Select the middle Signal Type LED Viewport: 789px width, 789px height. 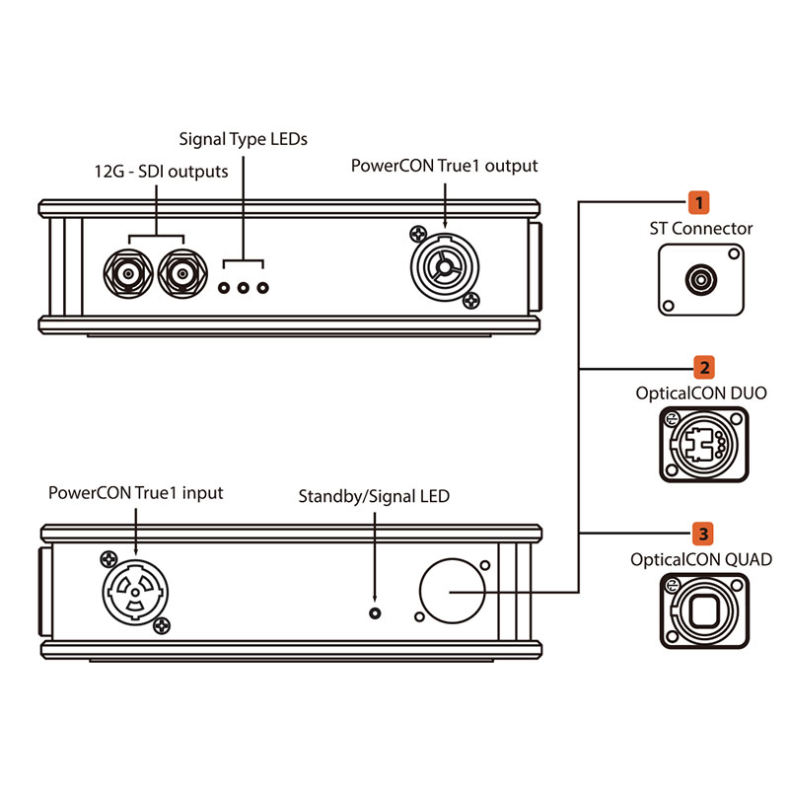tap(244, 288)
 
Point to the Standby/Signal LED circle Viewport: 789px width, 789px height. tap(374, 613)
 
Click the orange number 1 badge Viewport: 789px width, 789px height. tap(700, 203)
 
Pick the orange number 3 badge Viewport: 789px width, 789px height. tap(701, 534)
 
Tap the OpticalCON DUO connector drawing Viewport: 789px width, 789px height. tap(700, 445)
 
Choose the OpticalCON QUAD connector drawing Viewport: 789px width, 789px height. tap(701, 610)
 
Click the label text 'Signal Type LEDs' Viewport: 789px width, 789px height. tap(243, 139)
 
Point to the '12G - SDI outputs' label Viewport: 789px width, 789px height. tap(155, 172)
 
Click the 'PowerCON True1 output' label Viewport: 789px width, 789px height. tap(445, 166)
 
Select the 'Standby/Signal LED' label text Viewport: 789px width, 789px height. tap(374, 497)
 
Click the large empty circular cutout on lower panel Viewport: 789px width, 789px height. tap(452, 589)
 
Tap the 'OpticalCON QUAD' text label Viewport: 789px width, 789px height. tap(701, 559)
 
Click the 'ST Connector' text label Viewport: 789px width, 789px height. tap(701, 229)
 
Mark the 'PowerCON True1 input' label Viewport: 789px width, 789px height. tap(136, 492)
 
